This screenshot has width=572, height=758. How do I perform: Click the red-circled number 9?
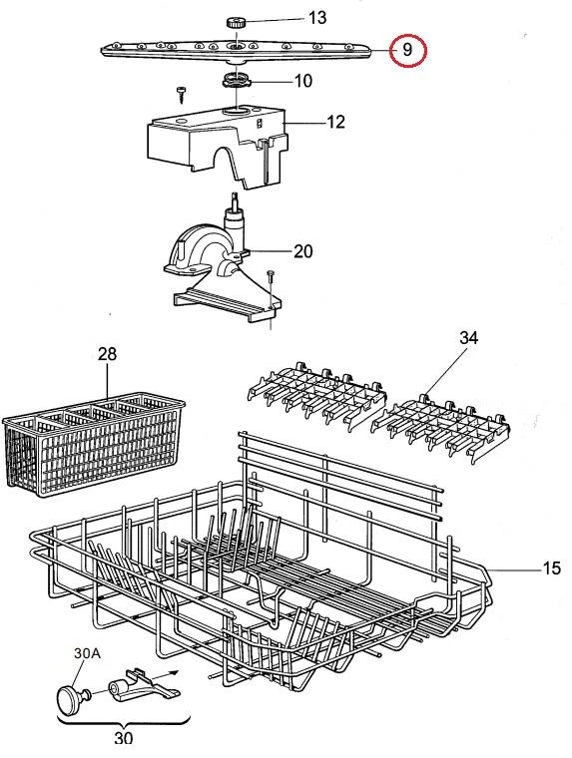[407, 50]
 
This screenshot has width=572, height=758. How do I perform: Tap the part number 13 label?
[317, 18]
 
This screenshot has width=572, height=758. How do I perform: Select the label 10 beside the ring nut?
[303, 81]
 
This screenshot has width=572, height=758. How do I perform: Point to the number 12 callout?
[335, 122]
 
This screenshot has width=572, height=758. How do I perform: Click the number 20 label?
[303, 251]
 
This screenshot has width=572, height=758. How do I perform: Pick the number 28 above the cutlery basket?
[107, 354]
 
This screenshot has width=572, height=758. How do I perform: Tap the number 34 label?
[468, 338]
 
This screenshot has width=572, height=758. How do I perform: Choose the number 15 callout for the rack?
[551, 568]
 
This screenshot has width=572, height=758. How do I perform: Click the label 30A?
[87, 653]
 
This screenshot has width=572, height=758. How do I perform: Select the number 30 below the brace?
[124, 738]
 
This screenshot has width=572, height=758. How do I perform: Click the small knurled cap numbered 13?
[236, 22]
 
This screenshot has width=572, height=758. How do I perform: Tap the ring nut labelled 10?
[236, 80]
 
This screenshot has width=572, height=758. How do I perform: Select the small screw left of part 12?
[183, 94]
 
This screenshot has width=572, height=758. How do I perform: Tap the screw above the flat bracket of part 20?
[271, 277]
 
